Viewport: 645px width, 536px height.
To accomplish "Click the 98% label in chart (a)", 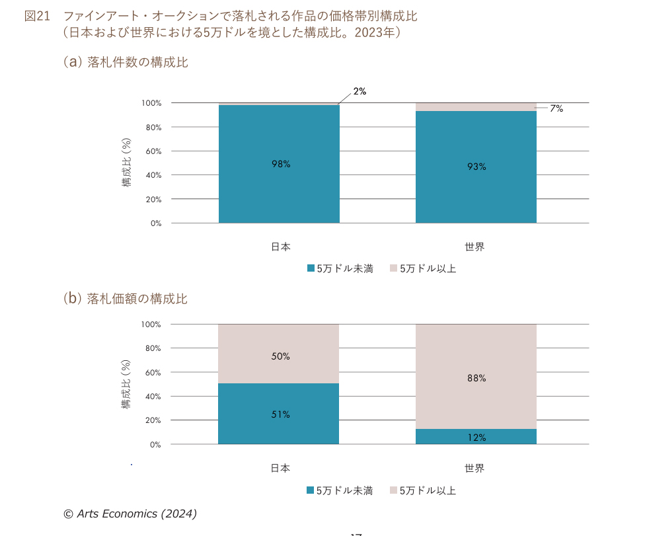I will tap(281, 165).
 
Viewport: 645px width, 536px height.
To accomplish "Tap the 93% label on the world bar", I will tap(476, 167).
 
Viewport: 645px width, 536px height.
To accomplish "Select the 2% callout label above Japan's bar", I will tap(360, 92).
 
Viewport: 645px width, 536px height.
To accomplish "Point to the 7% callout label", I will tap(556, 109).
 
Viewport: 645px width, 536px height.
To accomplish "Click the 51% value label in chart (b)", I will tap(281, 414).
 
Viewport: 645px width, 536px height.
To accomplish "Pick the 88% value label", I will tap(476, 378).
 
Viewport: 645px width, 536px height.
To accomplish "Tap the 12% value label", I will tap(476, 438).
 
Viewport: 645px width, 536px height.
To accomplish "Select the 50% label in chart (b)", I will tap(281, 356).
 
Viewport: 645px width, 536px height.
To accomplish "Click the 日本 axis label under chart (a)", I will tap(280, 247).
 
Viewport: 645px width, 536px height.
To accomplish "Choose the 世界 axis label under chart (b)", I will tap(474, 468).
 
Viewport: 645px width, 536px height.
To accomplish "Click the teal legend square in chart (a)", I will tap(311, 268).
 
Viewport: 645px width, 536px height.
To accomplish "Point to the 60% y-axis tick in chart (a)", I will tap(153, 151).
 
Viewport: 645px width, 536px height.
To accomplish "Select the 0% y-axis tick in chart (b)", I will tap(155, 444).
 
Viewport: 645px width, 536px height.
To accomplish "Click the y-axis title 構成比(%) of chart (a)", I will tap(127, 163).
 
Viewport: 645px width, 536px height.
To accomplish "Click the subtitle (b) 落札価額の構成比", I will tap(126, 299).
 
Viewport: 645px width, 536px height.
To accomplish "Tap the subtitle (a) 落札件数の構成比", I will tap(126, 62).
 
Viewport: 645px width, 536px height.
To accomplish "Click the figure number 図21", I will tap(38, 17).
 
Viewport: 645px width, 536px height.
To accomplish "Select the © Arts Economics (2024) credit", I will tap(130, 514).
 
